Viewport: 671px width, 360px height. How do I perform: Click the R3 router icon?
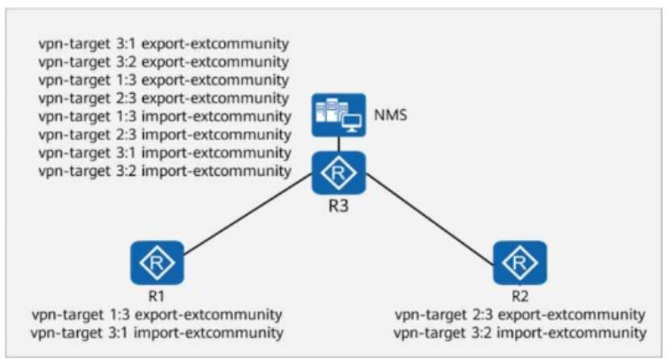[339, 173]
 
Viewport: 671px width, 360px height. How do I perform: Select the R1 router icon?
[157, 262]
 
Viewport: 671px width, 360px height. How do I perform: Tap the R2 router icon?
[520, 262]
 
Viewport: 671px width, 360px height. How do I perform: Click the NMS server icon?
[339, 115]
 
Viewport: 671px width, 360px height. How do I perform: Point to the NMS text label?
[390, 115]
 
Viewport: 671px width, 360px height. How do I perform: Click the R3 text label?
[338, 206]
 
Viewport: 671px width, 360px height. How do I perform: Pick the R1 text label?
[156, 296]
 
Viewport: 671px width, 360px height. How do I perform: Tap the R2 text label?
[520, 296]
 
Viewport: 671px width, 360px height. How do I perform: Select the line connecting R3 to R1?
[248, 214]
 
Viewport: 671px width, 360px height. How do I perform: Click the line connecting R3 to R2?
[430, 218]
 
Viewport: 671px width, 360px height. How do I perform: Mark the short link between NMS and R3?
[339, 145]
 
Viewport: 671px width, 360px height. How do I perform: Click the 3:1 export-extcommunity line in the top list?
[163, 43]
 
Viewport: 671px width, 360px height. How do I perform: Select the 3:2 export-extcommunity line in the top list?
[163, 62]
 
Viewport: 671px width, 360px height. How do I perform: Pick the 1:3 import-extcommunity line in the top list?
[165, 116]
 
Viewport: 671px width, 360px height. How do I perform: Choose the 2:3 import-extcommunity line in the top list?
[165, 135]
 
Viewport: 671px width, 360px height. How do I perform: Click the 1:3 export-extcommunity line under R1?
[157, 315]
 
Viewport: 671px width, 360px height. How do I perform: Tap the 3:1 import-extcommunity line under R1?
[157, 333]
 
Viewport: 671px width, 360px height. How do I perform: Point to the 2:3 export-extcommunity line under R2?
[519, 315]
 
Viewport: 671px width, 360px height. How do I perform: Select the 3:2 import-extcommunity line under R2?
[519, 333]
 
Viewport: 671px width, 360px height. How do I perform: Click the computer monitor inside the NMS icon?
[352, 123]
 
